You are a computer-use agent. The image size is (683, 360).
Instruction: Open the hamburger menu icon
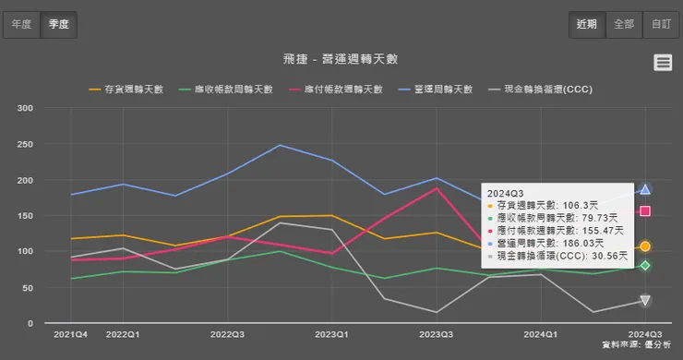coord(663,62)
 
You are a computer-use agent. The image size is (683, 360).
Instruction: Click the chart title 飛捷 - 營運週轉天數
coord(341,59)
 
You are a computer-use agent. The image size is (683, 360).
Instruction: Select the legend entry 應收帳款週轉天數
coord(231,90)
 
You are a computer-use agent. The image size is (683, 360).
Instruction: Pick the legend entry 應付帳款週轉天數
coord(338,90)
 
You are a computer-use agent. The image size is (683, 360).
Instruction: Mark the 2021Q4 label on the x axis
coord(70,333)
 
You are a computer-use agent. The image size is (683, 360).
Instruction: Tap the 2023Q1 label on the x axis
coord(331,333)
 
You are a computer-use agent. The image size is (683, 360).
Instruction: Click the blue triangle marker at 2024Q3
coord(645,189)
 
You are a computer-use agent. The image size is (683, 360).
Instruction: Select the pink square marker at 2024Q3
coord(645,211)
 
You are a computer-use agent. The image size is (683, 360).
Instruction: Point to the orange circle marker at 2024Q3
coord(645,246)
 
